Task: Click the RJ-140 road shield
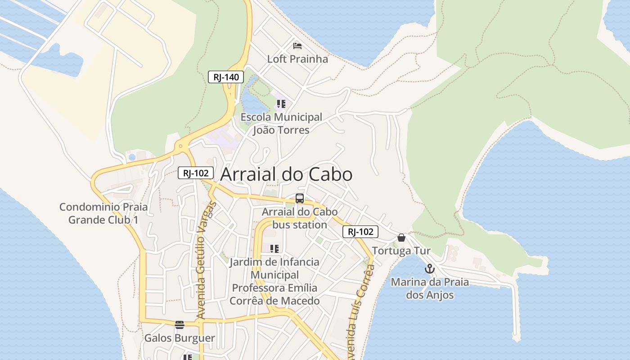coord(226,77)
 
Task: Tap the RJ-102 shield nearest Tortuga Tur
coord(360,232)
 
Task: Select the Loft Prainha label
coord(297,59)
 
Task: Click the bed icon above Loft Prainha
coord(297,45)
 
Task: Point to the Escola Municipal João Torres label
coord(281,124)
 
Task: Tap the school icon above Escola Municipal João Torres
coord(281,104)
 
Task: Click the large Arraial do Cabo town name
coord(286,174)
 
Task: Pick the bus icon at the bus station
coord(300,198)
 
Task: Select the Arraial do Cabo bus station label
coord(300,218)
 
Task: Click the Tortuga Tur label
coord(401,251)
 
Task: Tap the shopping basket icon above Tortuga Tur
coord(401,238)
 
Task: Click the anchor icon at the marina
coord(430,269)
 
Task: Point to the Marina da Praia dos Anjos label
coord(430,288)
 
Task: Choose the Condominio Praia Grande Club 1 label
coord(103,214)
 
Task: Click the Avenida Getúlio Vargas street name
coord(207,261)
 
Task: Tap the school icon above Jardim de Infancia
coord(274,248)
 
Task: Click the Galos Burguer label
coord(180,338)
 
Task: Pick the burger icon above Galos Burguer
coord(180,324)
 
